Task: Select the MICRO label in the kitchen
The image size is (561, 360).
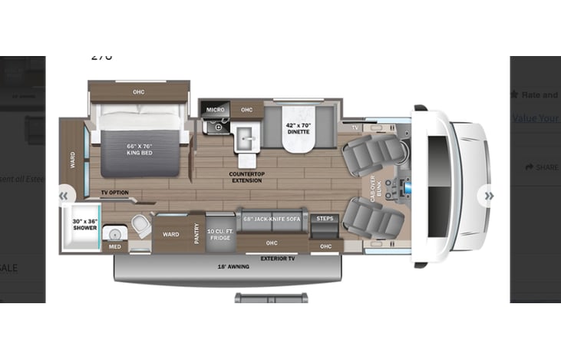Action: coord(214,111)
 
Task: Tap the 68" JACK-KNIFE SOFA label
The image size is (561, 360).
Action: coord(272,219)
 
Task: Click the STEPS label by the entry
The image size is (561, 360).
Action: coord(325,219)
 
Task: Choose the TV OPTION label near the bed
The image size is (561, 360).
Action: coord(114,193)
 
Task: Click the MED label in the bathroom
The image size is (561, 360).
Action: coord(114,247)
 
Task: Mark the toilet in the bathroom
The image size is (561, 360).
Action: coord(140,225)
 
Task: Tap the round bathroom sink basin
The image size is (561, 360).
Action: coord(115,231)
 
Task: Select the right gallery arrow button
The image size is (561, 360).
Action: coord(488,196)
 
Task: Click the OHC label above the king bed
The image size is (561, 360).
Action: coord(138,92)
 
